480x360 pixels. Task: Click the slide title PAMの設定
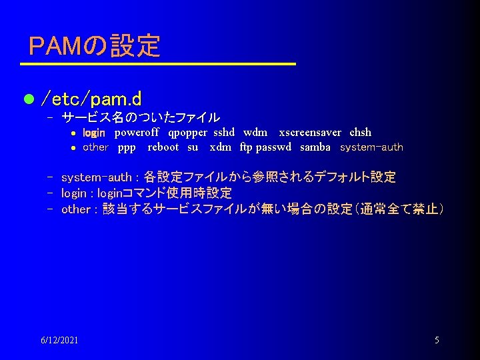pos(95,46)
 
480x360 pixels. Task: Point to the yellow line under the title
pos(157,64)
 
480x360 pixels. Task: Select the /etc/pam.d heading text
pos(91,100)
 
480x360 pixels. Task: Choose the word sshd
pos(225,132)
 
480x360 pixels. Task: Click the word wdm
pos(255,132)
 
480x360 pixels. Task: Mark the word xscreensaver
pos(310,132)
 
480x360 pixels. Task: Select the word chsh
pos(360,132)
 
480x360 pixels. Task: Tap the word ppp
pos(127,147)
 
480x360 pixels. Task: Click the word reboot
pos(163,147)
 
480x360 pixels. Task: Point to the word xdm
pos(220,147)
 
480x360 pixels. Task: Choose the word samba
pos(315,147)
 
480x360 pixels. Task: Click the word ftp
pos(246,147)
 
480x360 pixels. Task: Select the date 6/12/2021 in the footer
pos(59,340)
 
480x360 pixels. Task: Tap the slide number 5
pos(437,340)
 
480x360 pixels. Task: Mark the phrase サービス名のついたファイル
pos(141,118)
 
